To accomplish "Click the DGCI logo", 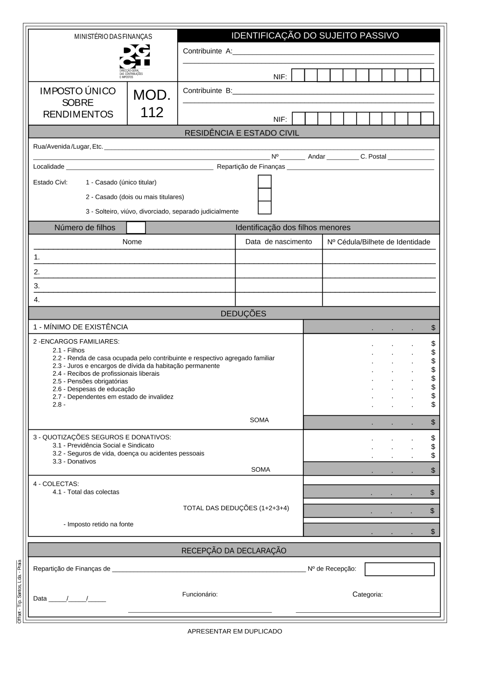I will click(x=135, y=57).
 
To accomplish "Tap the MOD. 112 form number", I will click(x=152, y=104).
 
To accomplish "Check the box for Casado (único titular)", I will click(x=264, y=182).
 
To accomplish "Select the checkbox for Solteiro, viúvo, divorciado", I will click(x=264, y=208).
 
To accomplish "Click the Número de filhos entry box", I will click(x=136, y=227).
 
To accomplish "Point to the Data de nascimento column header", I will click(x=278, y=242).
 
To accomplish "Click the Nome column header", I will click(x=132, y=242).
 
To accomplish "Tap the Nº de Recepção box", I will click(x=399, y=569).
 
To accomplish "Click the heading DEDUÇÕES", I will click(x=243, y=314).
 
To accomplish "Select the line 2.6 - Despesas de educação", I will click(x=94, y=389).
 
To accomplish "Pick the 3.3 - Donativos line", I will click(x=74, y=462).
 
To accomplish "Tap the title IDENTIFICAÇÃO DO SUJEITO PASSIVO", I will click(x=315, y=36).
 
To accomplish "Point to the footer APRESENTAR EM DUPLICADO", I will click(x=235, y=631).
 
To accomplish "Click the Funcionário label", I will click(x=200, y=595).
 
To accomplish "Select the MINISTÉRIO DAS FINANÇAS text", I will click(x=113, y=37).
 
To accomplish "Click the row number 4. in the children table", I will click(x=37, y=300).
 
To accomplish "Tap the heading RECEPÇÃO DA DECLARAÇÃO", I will click(x=234, y=551).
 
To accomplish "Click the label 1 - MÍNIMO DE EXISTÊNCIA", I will click(x=81, y=327).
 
